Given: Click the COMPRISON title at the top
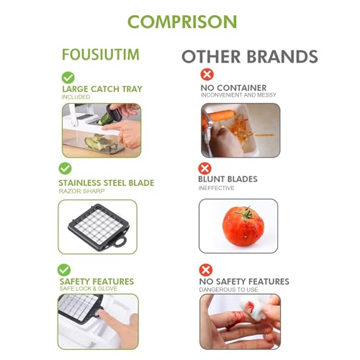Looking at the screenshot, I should tap(181, 22).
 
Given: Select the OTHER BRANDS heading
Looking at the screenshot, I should tap(249, 56).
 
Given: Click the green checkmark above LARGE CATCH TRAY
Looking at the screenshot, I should tap(68, 77).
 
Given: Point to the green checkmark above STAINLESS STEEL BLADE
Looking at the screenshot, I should tap(65, 168).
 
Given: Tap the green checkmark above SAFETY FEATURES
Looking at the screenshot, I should tap(64, 269).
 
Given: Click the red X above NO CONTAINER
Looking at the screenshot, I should tap(207, 74).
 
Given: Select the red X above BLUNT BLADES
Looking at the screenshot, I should tap(204, 168).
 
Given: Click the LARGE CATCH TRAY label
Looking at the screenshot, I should tap(102, 89).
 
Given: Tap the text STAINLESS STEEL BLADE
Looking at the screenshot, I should tap(106, 183).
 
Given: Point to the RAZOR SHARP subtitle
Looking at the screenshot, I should tap(81, 192).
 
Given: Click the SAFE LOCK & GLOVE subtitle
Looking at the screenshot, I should tap(86, 289).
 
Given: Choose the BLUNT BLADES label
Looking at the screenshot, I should tap(228, 179).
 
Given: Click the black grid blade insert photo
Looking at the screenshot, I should tap(97, 225).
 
